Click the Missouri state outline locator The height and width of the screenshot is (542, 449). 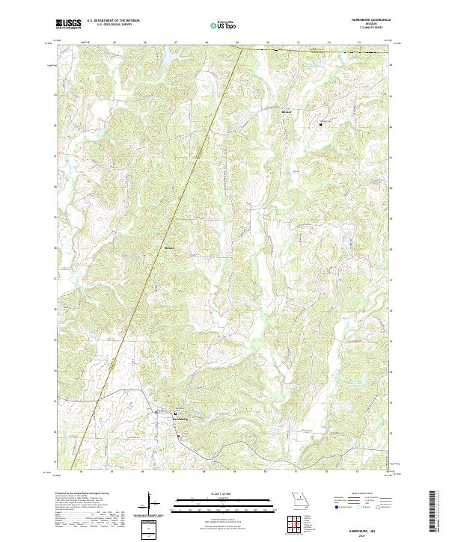tap(299, 499)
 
